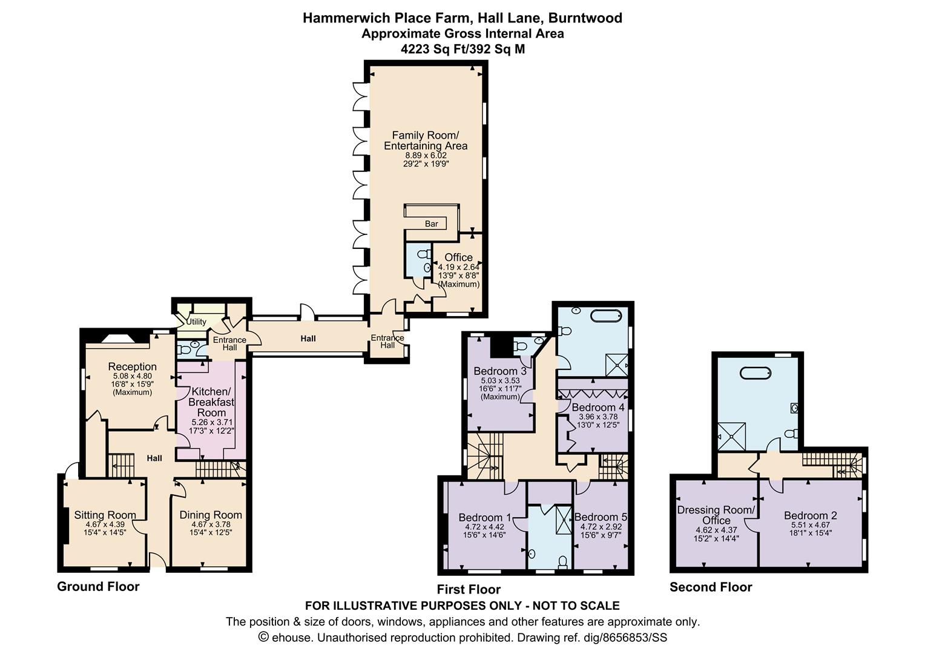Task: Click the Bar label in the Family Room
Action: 431,223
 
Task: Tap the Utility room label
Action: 196,322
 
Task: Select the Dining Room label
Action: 211,515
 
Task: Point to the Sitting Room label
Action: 105,515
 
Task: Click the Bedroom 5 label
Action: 601,517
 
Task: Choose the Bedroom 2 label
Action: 811,515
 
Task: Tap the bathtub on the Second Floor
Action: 755,373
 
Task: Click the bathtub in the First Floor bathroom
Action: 606,316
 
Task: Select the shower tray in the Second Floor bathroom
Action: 731,436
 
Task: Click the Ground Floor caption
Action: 98,587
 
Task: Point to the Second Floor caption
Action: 711,587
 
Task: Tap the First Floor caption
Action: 469,589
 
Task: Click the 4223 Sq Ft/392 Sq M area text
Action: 462,49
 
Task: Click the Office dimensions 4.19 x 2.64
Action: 459,267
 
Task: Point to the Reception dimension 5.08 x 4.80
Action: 133,376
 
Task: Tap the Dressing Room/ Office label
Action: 716,515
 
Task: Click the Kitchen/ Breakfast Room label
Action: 211,402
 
